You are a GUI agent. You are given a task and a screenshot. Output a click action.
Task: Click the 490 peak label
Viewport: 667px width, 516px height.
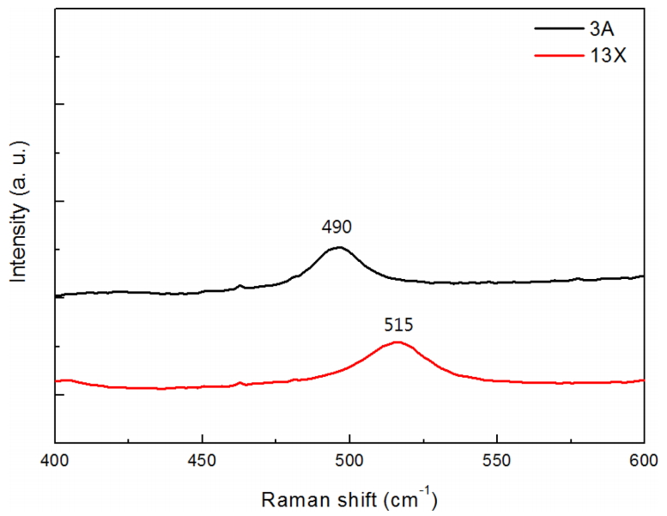[x=337, y=228]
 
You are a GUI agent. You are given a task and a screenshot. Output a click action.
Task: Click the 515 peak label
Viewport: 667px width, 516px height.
[x=398, y=325]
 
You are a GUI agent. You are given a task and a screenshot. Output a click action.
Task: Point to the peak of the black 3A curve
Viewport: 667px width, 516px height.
[x=339, y=247]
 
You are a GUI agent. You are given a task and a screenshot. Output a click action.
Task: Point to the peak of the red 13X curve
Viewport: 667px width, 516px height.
[x=397, y=342]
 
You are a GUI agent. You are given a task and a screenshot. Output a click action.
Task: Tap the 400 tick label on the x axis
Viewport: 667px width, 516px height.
[x=55, y=460]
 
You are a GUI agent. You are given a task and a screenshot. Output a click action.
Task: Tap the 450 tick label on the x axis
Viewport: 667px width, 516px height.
[x=202, y=460]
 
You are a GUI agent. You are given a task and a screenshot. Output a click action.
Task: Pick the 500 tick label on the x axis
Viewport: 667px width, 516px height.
[x=349, y=460]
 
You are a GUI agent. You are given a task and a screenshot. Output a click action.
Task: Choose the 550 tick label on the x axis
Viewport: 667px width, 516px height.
[x=497, y=460]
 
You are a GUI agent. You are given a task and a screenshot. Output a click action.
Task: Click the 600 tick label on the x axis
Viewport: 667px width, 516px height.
[x=644, y=460]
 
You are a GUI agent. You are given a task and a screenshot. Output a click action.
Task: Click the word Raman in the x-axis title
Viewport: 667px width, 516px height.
[x=289, y=499]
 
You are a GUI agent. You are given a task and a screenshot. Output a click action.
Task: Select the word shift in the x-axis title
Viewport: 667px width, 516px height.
[x=347, y=499]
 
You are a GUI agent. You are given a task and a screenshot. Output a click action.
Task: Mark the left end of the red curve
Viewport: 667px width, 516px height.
[x=56, y=380]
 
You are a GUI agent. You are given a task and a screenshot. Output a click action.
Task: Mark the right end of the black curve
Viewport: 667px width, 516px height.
[x=644, y=276]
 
